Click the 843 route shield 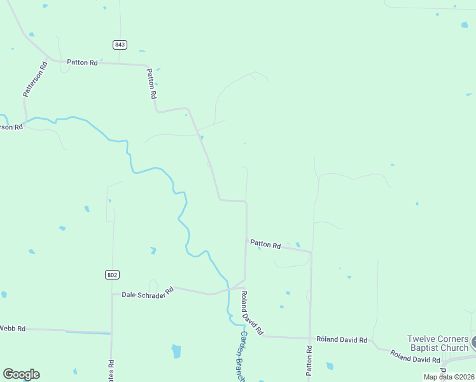coord(120,45)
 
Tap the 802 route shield coord(112,274)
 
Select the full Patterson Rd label coord(35,79)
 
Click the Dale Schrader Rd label coord(148,294)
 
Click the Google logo coord(21,374)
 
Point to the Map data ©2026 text coord(449,377)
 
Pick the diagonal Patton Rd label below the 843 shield coord(151,83)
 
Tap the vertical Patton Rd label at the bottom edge coord(309,360)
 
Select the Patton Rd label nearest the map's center coord(265,244)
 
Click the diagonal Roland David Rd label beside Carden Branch coord(251,313)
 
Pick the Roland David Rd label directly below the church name coord(415,357)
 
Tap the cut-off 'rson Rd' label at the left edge coord(11,127)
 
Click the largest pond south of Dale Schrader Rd coord(176,351)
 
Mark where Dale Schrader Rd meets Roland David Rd coord(244,280)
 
